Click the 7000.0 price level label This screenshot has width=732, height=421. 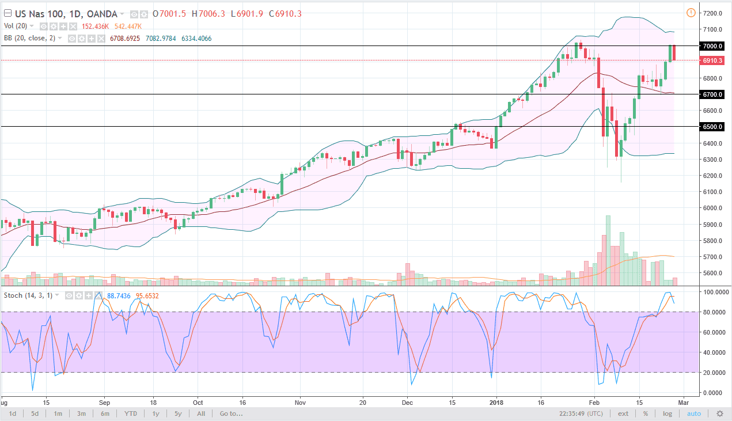tap(712, 45)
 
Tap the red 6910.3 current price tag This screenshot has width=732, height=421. tap(712, 60)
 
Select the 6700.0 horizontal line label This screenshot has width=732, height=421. tap(712, 94)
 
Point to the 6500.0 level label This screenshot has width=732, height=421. tap(712, 126)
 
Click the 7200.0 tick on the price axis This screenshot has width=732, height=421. tap(712, 13)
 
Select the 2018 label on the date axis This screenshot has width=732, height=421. tap(496, 402)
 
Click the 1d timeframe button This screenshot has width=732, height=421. tap(13, 414)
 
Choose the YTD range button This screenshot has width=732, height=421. tap(131, 414)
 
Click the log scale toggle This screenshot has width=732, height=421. tap(667, 414)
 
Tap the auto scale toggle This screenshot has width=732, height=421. tap(694, 414)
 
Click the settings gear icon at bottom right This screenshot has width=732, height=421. tap(719, 414)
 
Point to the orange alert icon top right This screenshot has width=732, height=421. tap(691, 13)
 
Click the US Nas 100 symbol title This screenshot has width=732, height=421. tap(35, 14)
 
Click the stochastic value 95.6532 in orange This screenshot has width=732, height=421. tap(147, 295)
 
